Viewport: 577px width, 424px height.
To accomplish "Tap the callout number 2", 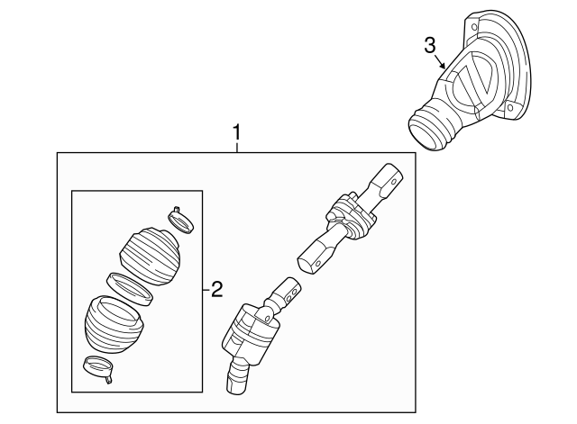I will pos(215,290).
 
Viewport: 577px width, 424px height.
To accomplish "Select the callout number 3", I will pos(431,45).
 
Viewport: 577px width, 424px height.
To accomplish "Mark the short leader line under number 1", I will pos(237,149).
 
